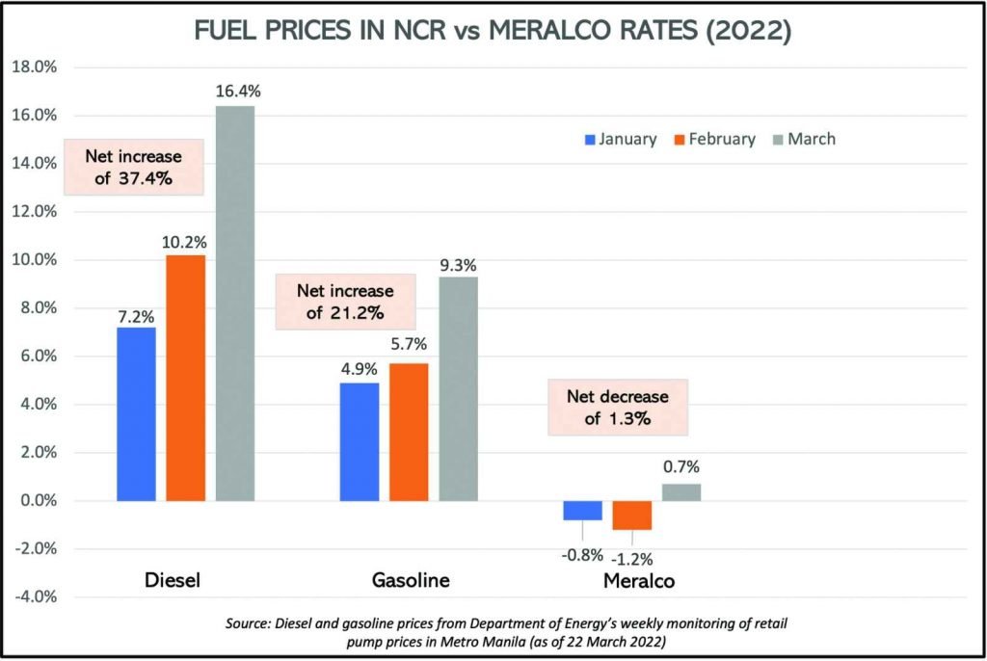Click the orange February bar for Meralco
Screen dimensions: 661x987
[x=632, y=516]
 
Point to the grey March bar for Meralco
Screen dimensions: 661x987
[x=681, y=492]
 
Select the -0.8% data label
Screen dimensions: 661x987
[x=582, y=554]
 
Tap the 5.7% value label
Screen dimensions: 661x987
[x=409, y=344]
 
